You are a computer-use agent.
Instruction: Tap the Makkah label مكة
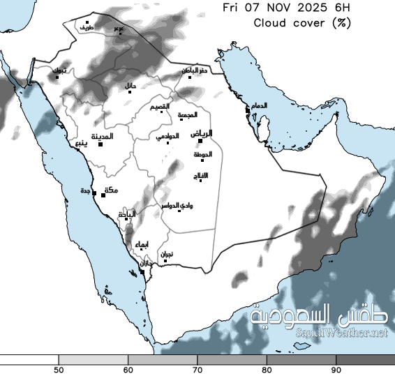(110, 190)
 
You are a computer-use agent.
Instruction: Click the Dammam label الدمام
(258, 105)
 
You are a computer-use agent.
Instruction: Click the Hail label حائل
(130, 86)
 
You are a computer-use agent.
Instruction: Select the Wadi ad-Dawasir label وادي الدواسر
(177, 206)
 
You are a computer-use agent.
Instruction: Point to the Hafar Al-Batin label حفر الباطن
(193, 70)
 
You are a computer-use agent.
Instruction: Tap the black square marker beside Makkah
(103, 195)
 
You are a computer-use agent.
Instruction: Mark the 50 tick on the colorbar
(59, 368)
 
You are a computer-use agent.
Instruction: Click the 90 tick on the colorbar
(336, 368)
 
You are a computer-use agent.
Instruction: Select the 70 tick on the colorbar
(197, 368)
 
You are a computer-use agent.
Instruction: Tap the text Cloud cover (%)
(301, 22)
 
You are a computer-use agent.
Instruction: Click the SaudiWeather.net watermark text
(341, 333)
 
